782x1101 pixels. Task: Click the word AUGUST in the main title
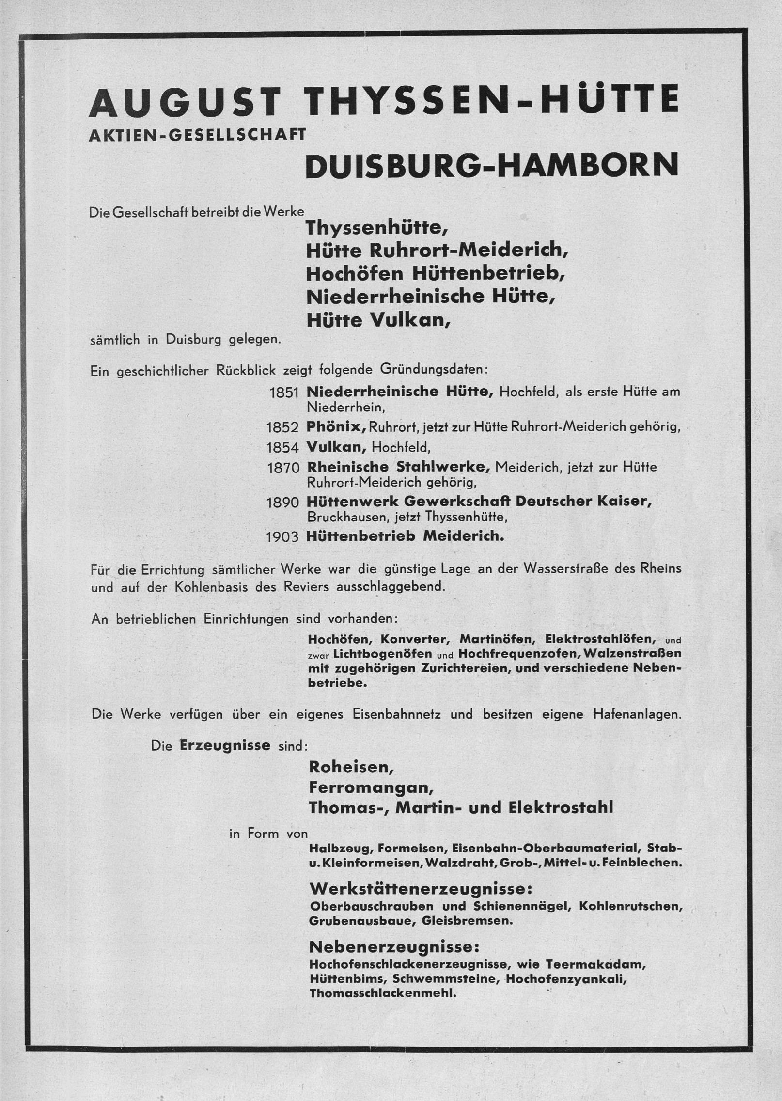coord(185,102)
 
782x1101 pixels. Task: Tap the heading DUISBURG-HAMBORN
coord(492,165)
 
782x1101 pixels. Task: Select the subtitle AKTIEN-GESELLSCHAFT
coord(197,135)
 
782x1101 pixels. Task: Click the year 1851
coord(284,393)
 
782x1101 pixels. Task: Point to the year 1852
coord(282,427)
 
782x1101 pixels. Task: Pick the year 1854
coord(283,447)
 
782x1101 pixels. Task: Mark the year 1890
coord(283,502)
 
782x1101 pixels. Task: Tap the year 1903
coord(283,537)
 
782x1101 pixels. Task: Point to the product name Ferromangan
coord(371,787)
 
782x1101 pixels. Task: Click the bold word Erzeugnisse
coord(225,745)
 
